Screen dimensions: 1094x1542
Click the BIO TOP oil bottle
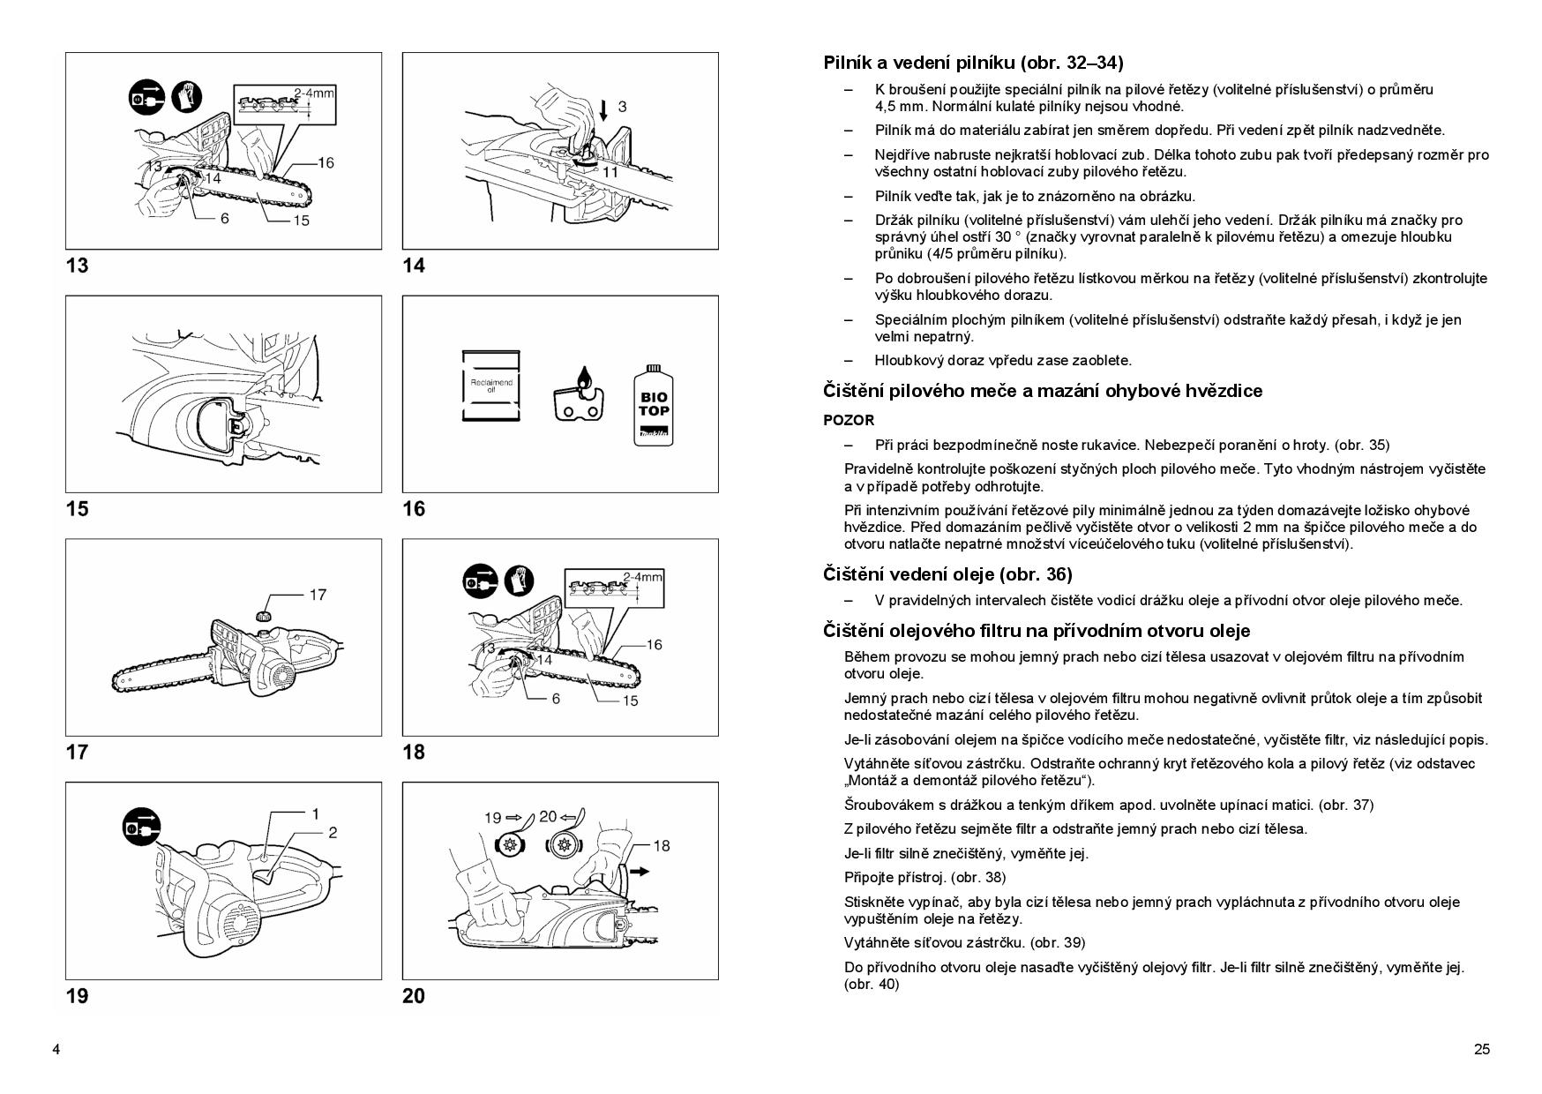click(654, 405)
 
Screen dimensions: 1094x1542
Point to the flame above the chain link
click(578, 376)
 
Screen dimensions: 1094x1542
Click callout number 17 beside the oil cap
click(318, 595)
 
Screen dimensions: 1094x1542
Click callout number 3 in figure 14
click(622, 107)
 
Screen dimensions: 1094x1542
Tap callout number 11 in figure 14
click(609, 172)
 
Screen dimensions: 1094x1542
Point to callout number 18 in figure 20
click(661, 845)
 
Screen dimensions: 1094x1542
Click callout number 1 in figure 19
click(315, 813)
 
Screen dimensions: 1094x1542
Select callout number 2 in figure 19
click(333, 832)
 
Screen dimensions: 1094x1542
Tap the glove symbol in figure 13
click(187, 96)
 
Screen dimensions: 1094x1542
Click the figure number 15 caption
click(77, 508)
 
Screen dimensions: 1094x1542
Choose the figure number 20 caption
click(414, 996)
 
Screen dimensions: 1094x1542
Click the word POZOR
click(849, 420)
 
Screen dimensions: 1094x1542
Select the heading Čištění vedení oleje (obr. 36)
click(947, 574)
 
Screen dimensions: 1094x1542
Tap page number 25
click(1481, 1049)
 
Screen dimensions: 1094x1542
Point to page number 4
click(56, 1049)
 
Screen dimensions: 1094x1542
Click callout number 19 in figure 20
click(492, 817)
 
